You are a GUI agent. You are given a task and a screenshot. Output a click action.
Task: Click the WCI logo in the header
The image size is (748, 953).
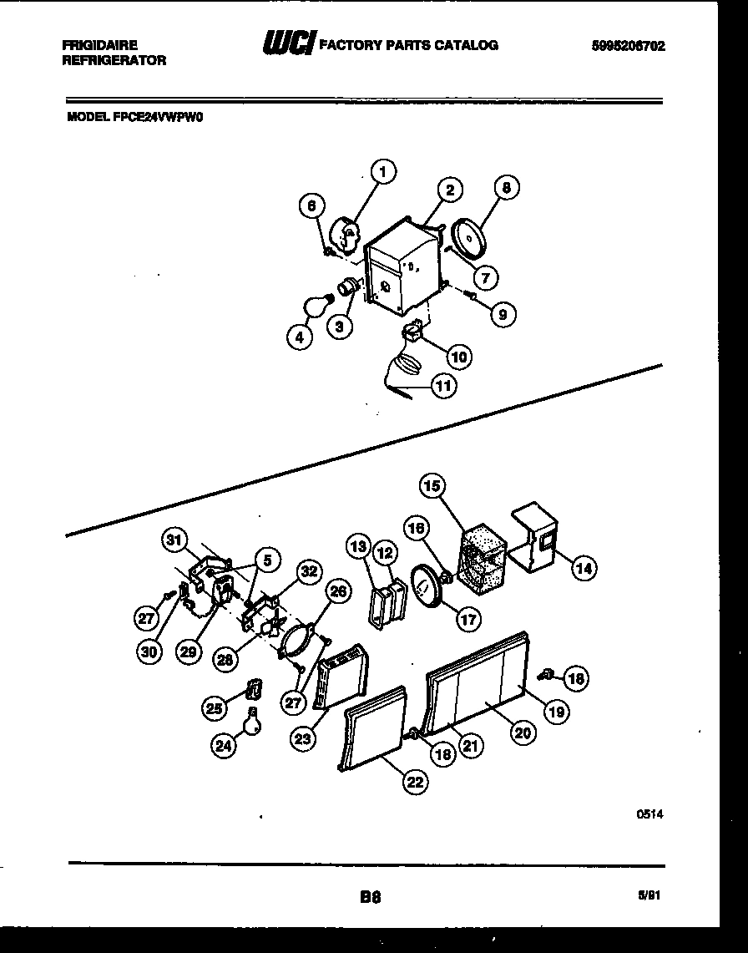287,44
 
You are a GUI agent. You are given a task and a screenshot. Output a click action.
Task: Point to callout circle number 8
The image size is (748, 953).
506,189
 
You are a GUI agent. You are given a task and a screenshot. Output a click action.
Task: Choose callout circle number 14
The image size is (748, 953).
584,569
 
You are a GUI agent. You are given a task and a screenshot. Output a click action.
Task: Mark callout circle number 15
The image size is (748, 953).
432,485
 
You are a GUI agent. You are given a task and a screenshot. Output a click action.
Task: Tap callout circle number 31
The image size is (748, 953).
174,540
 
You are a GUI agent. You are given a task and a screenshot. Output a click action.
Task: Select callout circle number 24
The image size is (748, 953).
223,747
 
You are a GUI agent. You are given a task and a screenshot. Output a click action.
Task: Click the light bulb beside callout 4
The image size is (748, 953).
314,307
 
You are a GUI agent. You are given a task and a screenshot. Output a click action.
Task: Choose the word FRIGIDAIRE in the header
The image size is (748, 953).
99,45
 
